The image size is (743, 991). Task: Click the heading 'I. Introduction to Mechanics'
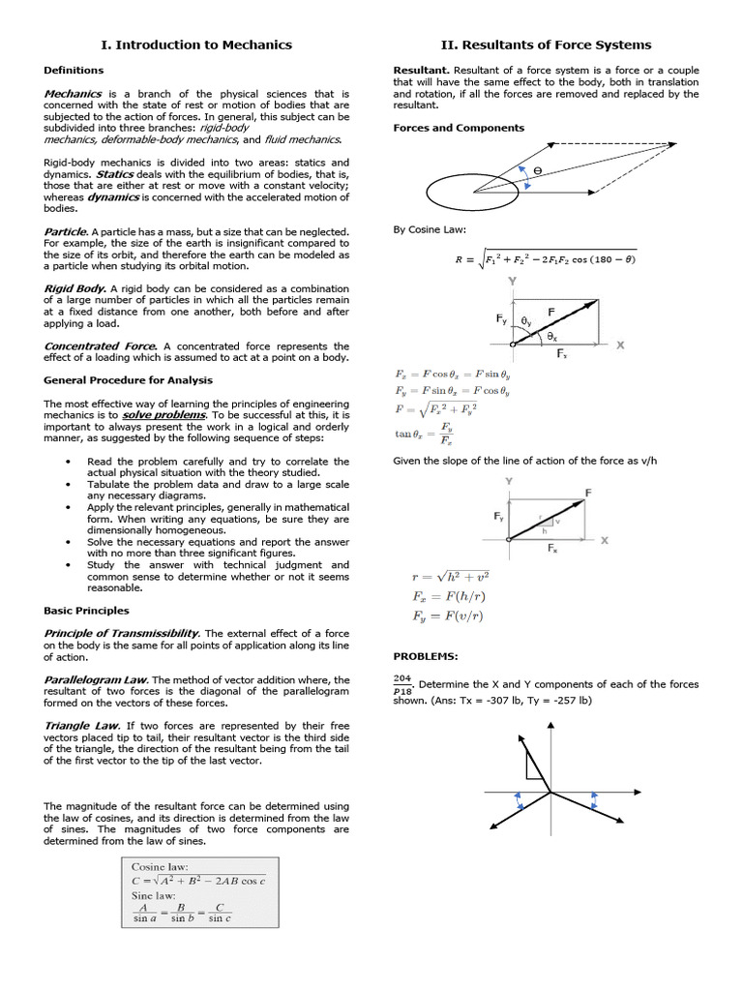pyautogui.click(x=196, y=45)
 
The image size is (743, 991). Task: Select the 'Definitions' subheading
pyautogui.click(x=74, y=71)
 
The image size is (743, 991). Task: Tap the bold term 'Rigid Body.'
pyautogui.click(x=75, y=288)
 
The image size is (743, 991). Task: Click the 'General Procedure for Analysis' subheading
pyautogui.click(x=128, y=380)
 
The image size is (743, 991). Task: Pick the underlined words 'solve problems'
pyautogui.click(x=177, y=414)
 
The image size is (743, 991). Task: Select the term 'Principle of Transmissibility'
pyautogui.click(x=122, y=633)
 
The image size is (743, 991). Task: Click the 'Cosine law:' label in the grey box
pyautogui.click(x=160, y=867)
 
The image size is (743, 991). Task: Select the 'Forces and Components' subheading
pyautogui.click(x=459, y=128)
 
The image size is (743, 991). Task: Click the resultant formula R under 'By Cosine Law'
pyautogui.click(x=546, y=258)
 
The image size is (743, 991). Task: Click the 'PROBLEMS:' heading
pyautogui.click(x=425, y=656)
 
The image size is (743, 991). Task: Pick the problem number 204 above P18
pyautogui.click(x=401, y=679)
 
